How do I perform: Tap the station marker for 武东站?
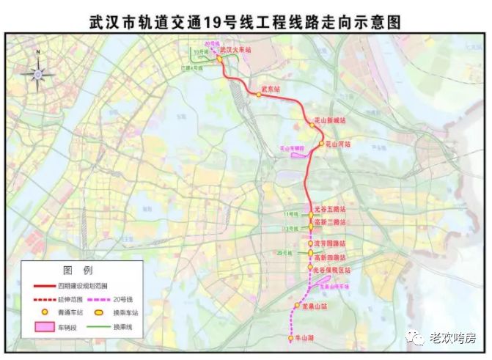pos(259,95)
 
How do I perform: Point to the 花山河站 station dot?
pos(320,145)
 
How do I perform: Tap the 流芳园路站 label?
pos(329,243)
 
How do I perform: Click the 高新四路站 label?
pos(329,257)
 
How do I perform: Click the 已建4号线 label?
pos(190,69)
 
